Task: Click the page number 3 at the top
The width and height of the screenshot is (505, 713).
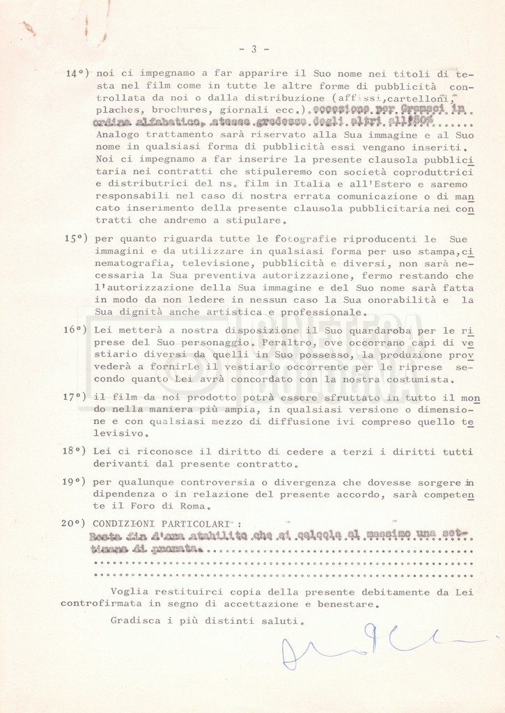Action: [254, 49]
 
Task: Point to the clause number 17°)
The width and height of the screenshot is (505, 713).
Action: [76, 397]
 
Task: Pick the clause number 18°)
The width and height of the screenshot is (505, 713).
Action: [76, 450]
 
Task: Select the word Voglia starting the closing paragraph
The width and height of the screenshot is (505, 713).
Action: [128, 591]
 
